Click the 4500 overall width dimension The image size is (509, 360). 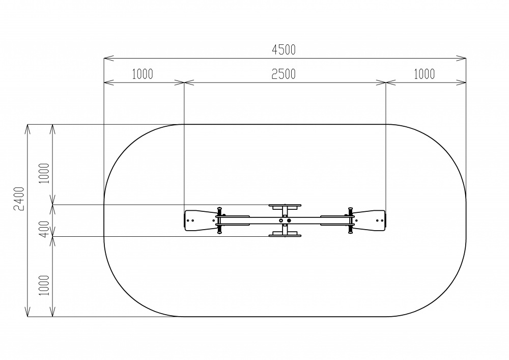coord(284,50)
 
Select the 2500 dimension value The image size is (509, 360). coord(284,74)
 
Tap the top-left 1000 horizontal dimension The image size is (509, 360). coord(142,74)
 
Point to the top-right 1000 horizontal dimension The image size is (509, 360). coord(424,74)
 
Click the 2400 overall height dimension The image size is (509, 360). coord(19,199)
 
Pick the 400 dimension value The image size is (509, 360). coord(45,229)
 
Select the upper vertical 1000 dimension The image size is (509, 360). coord(44,173)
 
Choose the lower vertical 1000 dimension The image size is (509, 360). coord(44,285)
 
